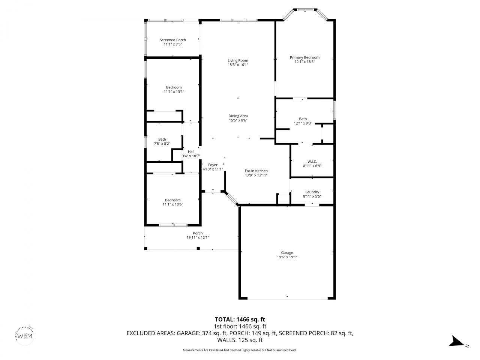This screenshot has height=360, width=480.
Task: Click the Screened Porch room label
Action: pyautogui.click(x=172, y=40)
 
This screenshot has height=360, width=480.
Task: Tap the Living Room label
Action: pyautogui.click(x=238, y=60)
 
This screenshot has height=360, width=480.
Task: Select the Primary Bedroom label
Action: pyautogui.click(x=304, y=57)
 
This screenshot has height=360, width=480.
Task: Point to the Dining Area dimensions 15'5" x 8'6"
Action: pyautogui.click(x=238, y=120)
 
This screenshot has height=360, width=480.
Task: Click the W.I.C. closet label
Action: pyautogui.click(x=312, y=161)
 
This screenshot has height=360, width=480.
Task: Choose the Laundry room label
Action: pyautogui.click(x=312, y=192)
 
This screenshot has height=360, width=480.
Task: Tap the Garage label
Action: pyautogui.click(x=287, y=253)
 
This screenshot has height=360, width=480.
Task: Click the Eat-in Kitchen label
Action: pyautogui.click(x=256, y=171)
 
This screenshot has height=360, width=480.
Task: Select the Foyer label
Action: pyautogui.click(x=213, y=165)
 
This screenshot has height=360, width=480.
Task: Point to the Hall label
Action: pyautogui.click(x=191, y=151)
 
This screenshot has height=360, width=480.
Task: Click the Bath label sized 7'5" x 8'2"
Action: pyautogui.click(x=162, y=139)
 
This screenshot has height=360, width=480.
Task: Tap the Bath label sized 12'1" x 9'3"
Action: pyautogui.click(x=303, y=119)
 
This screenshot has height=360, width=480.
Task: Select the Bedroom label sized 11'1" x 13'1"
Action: pyautogui.click(x=174, y=87)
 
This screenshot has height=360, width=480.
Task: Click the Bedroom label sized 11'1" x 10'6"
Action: pyautogui.click(x=172, y=200)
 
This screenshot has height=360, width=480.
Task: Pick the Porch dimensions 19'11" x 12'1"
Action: pyautogui.click(x=198, y=237)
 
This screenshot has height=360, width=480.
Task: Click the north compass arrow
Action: pyautogui.click(x=457, y=341)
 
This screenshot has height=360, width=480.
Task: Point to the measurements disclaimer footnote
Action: pyautogui.click(x=240, y=350)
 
